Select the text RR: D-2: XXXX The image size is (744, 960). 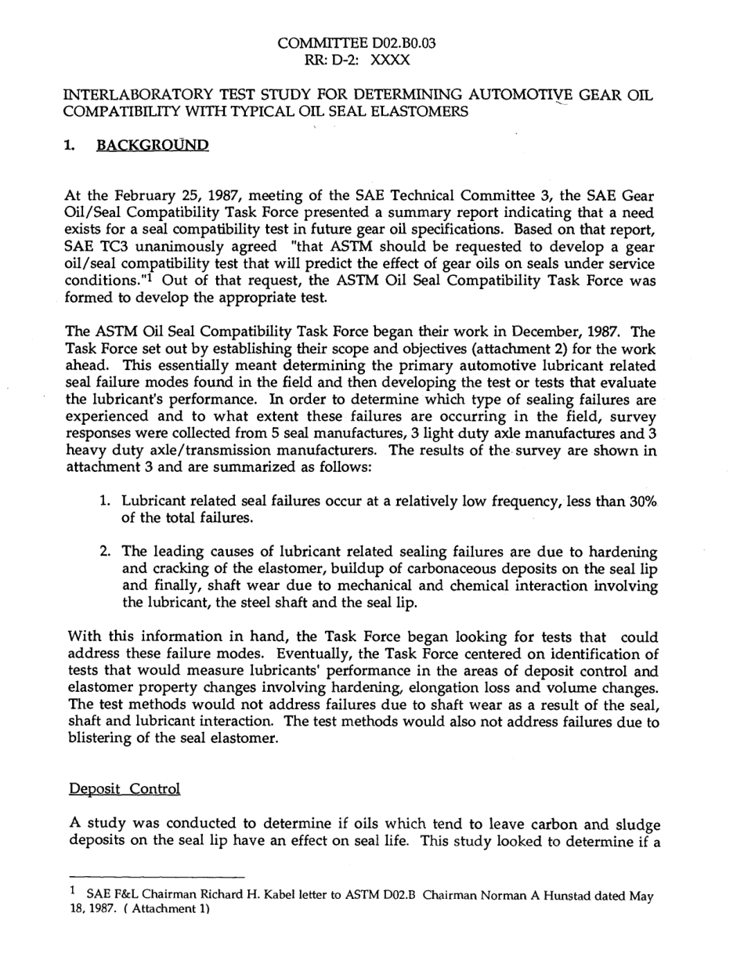357,60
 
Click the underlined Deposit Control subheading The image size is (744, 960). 125,788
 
